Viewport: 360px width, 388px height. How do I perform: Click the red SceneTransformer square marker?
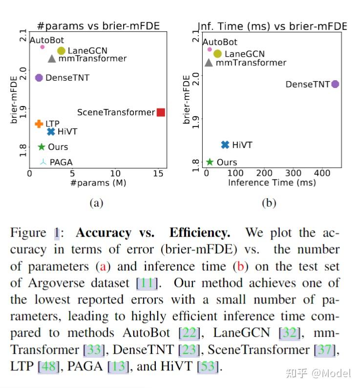[161, 112]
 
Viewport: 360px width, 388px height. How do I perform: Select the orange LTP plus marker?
[39, 124]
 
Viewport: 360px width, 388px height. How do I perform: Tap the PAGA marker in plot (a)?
[42, 162]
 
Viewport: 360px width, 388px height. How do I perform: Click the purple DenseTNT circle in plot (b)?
[335, 84]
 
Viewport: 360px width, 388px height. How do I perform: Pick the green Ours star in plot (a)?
[42, 147]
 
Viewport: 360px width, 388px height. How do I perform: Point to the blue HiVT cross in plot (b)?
[225, 145]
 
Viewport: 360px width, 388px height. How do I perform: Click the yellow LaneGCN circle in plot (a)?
[61, 51]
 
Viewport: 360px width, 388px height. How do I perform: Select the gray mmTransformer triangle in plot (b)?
[209, 63]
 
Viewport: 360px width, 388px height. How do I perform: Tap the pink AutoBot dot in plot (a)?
[42, 47]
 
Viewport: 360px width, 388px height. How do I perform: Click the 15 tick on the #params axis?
[157, 173]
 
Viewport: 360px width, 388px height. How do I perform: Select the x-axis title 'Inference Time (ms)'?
[272, 182]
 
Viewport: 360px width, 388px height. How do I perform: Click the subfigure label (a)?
[96, 203]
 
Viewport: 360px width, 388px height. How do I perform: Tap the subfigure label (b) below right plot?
[269, 203]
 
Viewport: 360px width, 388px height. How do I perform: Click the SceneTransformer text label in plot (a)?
[116, 112]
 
